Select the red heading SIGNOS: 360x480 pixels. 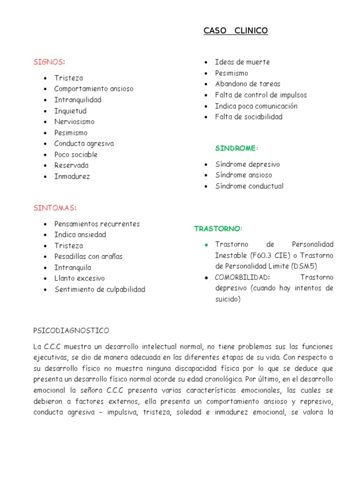49,62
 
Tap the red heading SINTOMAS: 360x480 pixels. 55,208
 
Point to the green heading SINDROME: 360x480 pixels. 237,148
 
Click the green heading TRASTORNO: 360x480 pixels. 218,228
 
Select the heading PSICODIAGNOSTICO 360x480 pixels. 71,330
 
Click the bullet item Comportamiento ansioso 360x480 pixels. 94,89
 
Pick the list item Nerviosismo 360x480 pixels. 74,122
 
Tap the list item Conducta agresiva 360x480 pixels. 84,143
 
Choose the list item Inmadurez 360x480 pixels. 72,176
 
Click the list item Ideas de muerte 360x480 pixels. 242,62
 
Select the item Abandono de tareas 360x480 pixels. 247,84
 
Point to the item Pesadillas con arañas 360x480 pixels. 88,256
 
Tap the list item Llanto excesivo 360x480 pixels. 80,278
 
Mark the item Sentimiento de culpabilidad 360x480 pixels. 100,289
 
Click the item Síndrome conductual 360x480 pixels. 249,186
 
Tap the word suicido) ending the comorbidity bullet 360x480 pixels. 227,299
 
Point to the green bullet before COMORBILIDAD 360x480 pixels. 206,277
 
